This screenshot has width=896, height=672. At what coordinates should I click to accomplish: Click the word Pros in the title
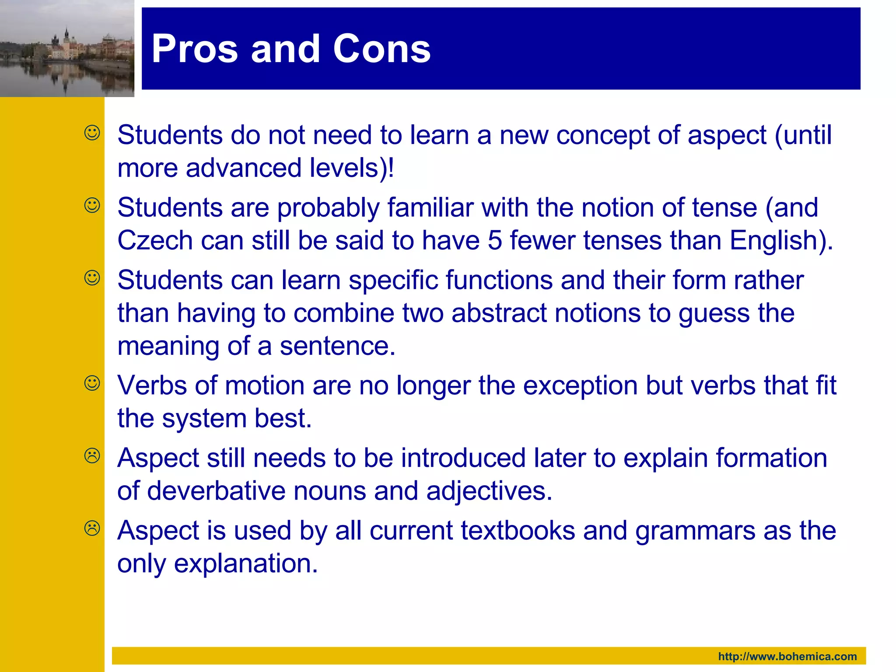194,49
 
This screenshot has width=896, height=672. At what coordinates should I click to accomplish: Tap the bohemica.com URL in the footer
787,656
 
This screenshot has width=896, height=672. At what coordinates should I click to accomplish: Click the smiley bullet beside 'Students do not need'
92,133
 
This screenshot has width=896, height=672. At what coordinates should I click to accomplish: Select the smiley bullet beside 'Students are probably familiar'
92,205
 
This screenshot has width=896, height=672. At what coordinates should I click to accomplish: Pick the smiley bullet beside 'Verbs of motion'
92,383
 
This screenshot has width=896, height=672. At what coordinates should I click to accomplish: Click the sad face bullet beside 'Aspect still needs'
92,456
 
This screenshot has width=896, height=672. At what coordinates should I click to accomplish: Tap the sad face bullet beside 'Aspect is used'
92,528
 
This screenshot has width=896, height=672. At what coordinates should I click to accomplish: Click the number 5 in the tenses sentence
494,241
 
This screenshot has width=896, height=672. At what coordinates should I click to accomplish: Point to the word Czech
155,241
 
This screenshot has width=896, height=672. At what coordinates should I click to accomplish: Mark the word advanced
244,168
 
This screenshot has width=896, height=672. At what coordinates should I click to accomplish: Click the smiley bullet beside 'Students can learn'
92,278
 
